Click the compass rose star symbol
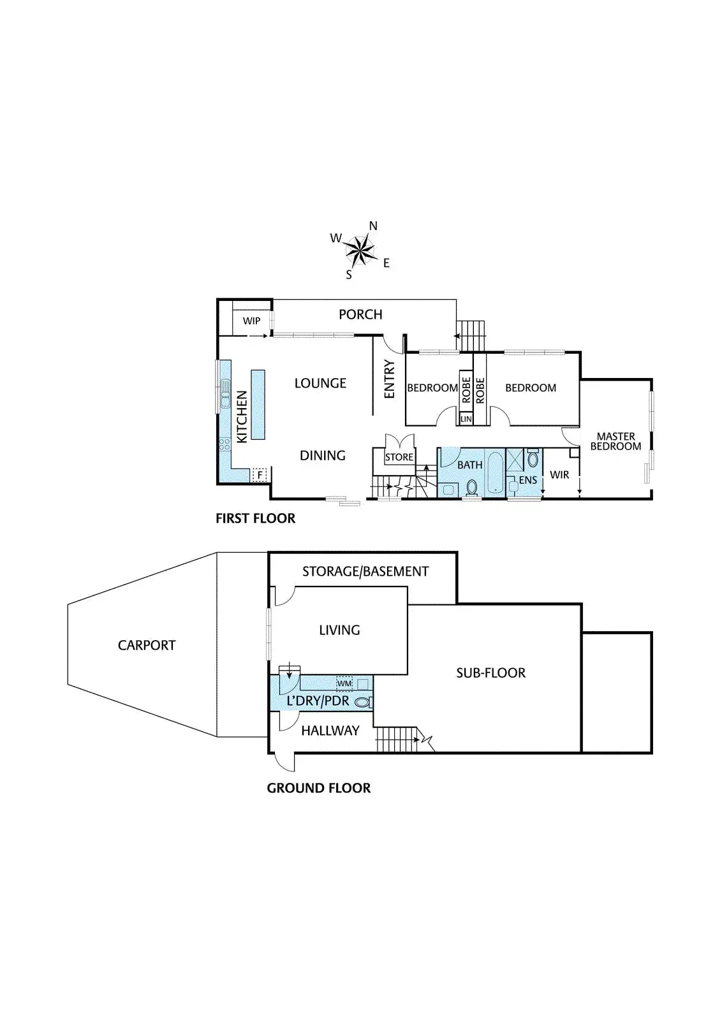[360, 250]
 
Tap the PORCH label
[360, 314]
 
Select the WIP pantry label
[251, 321]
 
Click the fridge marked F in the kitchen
[259, 474]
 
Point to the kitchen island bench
[258, 404]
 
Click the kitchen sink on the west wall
[225, 393]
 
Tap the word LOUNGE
[320, 383]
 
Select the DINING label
[323, 455]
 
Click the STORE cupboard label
[399, 457]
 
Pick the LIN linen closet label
[466, 419]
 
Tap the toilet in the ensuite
[533, 459]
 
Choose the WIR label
[559, 474]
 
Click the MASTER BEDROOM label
[615, 441]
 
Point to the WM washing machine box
[344, 683]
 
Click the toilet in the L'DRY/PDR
[362, 702]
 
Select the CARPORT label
[147, 645]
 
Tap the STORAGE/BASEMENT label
[365, 571]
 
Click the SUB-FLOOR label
[490, 673]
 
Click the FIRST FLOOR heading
[255, 518]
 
